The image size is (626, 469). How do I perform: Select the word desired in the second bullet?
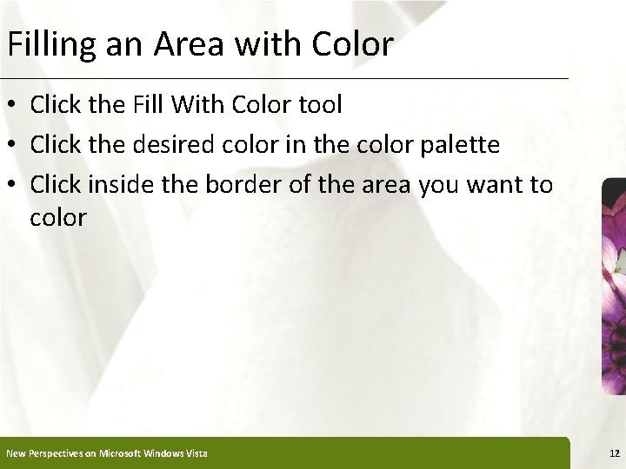[171, 144]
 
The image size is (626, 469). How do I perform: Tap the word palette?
[462, 144]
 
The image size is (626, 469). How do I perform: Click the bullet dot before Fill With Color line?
[13, 106]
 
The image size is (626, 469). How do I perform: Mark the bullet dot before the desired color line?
[13, 145]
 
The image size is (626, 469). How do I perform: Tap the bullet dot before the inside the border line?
[13, 184]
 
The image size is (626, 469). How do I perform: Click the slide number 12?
[614, 452]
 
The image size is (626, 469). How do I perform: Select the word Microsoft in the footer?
[122, 453]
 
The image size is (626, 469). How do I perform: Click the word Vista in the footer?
[195, 453]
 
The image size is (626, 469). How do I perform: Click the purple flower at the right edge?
[613, 287]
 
